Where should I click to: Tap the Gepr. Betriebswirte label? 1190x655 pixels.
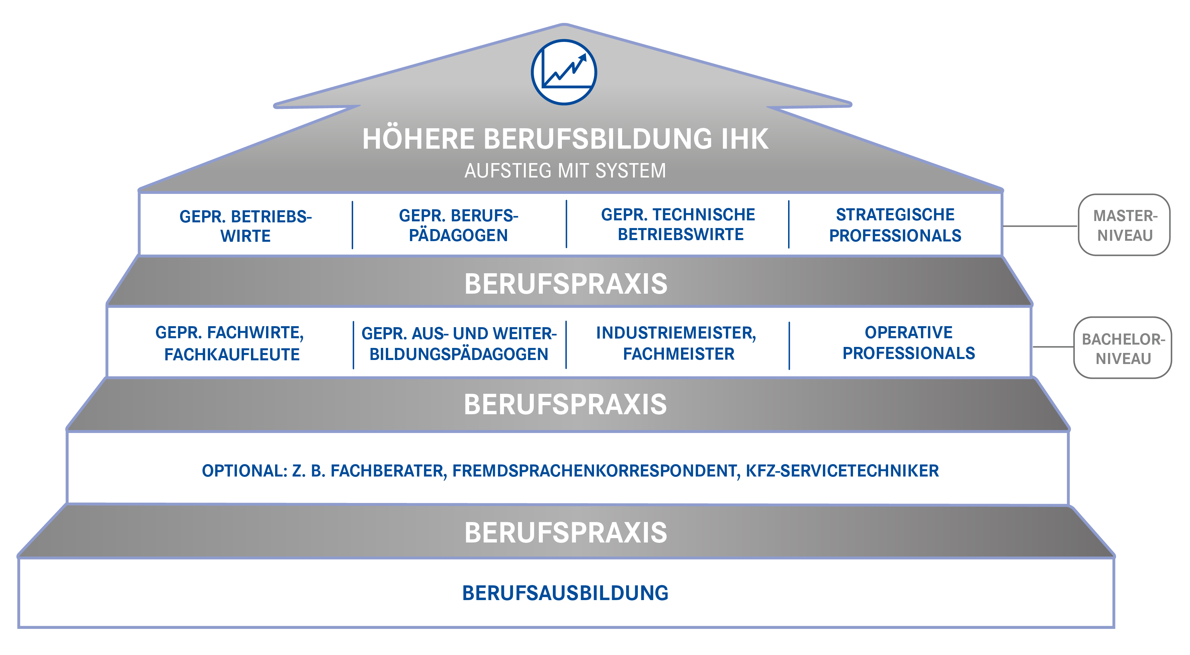[x=245, y=226]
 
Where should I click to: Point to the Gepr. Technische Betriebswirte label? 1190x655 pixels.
[x=678, y=224]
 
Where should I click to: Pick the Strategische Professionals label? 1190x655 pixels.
[x=895, y=225]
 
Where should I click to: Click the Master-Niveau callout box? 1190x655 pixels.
[x=1124, y=225]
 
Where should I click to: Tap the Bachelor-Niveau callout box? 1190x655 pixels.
[x=1123, y=348]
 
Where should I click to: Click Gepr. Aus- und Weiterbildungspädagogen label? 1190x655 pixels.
[x=459, y=344]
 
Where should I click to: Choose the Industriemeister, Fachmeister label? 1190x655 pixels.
[x=676, y=343]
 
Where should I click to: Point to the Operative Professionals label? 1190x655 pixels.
[x=909, y=343]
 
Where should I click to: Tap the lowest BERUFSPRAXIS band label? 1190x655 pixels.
[x=566, y=532]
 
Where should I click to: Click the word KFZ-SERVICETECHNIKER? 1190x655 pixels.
[x=842, y=470]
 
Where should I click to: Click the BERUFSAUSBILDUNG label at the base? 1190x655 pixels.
[x=566, y=593]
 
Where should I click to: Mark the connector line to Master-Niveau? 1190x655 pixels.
[x=1040, y=226]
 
